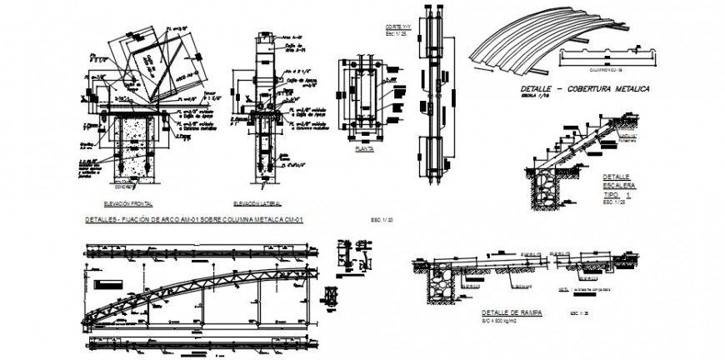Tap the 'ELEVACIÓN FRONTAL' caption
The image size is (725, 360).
pyautogui.click(x=127, y=203)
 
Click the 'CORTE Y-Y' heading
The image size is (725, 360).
pyautogui.click(x=402, y=28)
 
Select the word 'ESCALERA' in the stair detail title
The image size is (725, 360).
pyautogui.click(x=620, y=185)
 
